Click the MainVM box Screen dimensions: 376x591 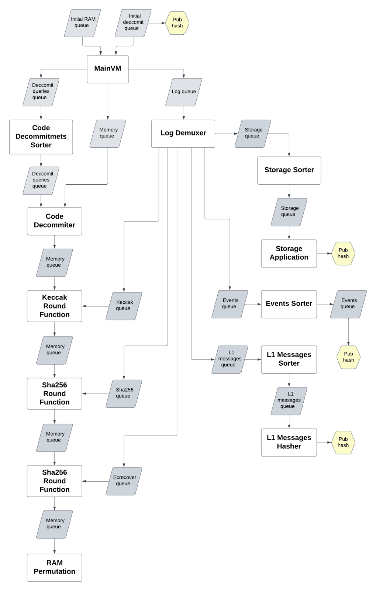point(108,69)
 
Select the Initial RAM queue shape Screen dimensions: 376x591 point(83,23)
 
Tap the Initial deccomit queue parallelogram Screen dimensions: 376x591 point(133,23)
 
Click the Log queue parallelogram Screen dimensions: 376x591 point(184,92)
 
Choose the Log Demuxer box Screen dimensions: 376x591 point(183,133)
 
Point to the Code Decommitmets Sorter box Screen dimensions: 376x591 point(41,137)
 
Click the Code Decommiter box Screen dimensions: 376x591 point(55,221)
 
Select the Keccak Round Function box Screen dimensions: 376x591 point(55,306)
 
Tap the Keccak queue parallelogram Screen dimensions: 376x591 point(124,306)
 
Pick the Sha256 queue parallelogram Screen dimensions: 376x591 point(124,394)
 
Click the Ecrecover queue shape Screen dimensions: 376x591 point(124,481)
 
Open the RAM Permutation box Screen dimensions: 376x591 point(55,567)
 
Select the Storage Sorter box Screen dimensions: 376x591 point(289,170)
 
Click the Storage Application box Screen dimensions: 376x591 point(289,253)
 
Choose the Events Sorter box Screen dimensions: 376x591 point(289,304)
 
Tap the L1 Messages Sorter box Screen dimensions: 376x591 point(289,360)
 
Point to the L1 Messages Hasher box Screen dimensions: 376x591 point(289,443)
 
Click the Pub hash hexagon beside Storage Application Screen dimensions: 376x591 point(343,253)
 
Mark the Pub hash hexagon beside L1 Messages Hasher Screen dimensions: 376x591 point(343,443)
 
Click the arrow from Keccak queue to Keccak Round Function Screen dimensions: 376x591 point(96,306)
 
